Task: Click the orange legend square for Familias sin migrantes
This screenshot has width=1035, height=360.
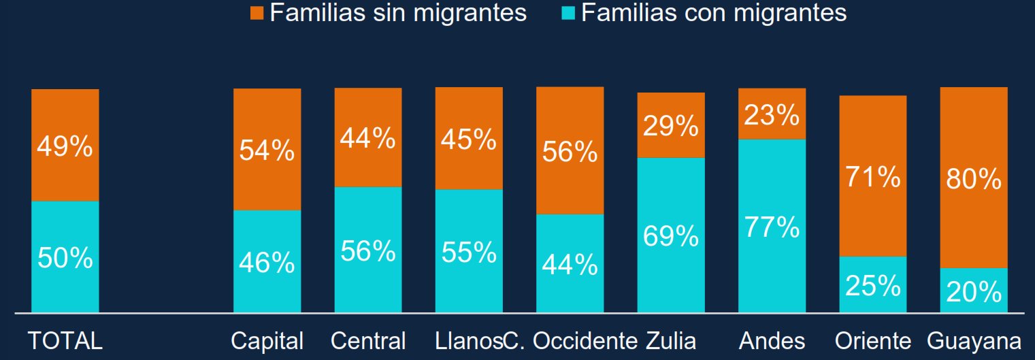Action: click(x=257, y=13)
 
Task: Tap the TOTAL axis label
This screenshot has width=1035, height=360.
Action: click(x=65, y=341)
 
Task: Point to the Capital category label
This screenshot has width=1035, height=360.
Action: click(x=267, y=341)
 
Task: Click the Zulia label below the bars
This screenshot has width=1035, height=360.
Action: click(x=671, y=341)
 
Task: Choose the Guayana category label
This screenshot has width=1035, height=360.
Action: click(x=974, y=341)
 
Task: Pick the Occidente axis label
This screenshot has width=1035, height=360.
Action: click(x=585, y=341)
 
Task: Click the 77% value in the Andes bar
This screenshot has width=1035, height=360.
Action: click(x=772, y=227)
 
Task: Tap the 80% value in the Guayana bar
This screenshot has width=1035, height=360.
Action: click(x=974, y=179)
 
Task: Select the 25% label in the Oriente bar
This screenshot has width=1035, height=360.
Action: click(x=873, y=286)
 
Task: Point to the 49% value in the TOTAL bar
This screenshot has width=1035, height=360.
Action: click(x=65, y=146)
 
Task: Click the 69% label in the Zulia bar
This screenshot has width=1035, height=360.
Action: click(x=671, y=235)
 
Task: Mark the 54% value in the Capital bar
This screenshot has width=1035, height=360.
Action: click(x=267, y=150)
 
